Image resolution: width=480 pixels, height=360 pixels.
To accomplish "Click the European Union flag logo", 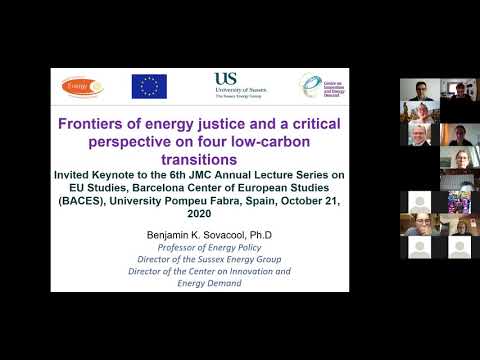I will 149,87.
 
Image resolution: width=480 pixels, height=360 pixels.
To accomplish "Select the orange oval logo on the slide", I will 82,87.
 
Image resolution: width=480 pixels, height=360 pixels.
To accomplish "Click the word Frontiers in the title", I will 97,125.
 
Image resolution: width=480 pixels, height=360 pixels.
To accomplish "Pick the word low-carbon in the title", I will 260,142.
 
